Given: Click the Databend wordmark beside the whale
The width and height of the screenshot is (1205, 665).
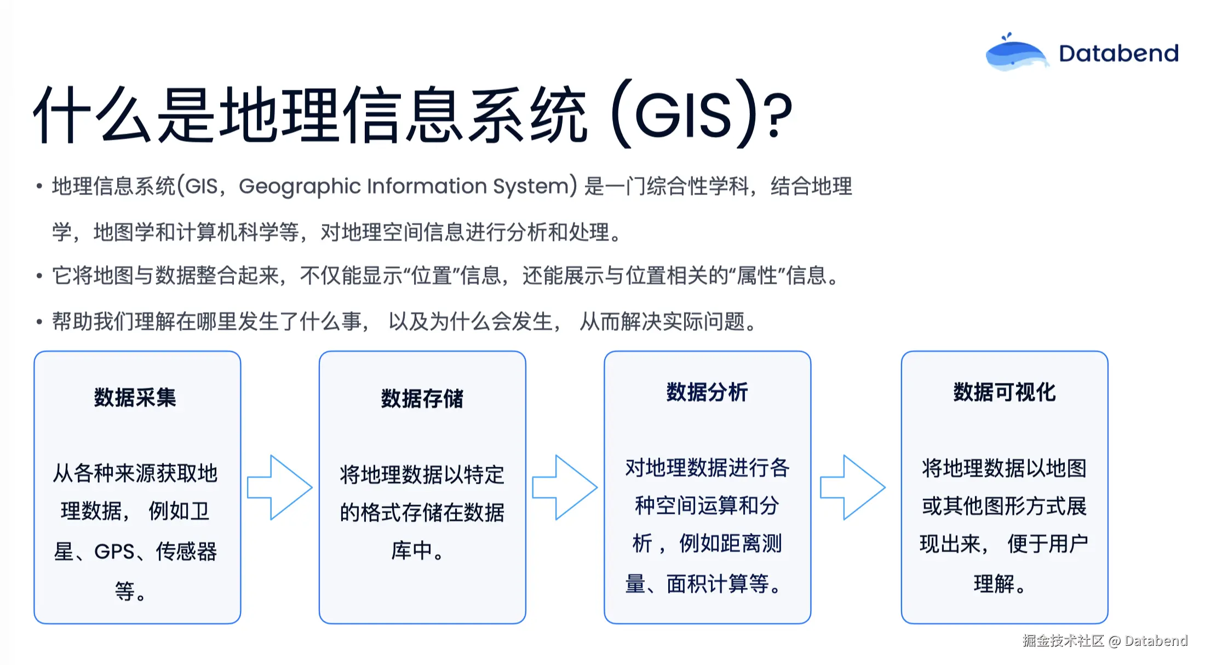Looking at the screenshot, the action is (x=1118, y=54).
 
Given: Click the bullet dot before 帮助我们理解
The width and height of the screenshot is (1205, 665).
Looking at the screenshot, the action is (x=39, y=322).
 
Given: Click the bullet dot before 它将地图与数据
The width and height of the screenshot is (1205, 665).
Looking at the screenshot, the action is (x=39, y=276).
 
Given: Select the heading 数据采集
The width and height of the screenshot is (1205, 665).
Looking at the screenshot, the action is (x=135, y=398).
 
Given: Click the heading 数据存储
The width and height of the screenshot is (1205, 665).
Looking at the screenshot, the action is (x=422, y=399).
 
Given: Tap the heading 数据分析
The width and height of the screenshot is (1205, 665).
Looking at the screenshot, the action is (x=707, y=392).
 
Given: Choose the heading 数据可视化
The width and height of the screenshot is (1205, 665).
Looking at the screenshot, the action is (x=1004, y=392).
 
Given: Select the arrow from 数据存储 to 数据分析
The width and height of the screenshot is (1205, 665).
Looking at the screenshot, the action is (x=565, y=487).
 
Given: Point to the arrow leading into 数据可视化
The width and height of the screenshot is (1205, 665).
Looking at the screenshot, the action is (x=852, y=487).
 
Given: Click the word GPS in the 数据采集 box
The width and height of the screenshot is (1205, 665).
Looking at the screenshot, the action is (x=114, y=552).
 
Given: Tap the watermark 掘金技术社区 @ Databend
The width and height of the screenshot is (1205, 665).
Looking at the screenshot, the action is (x=1104, y=640).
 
